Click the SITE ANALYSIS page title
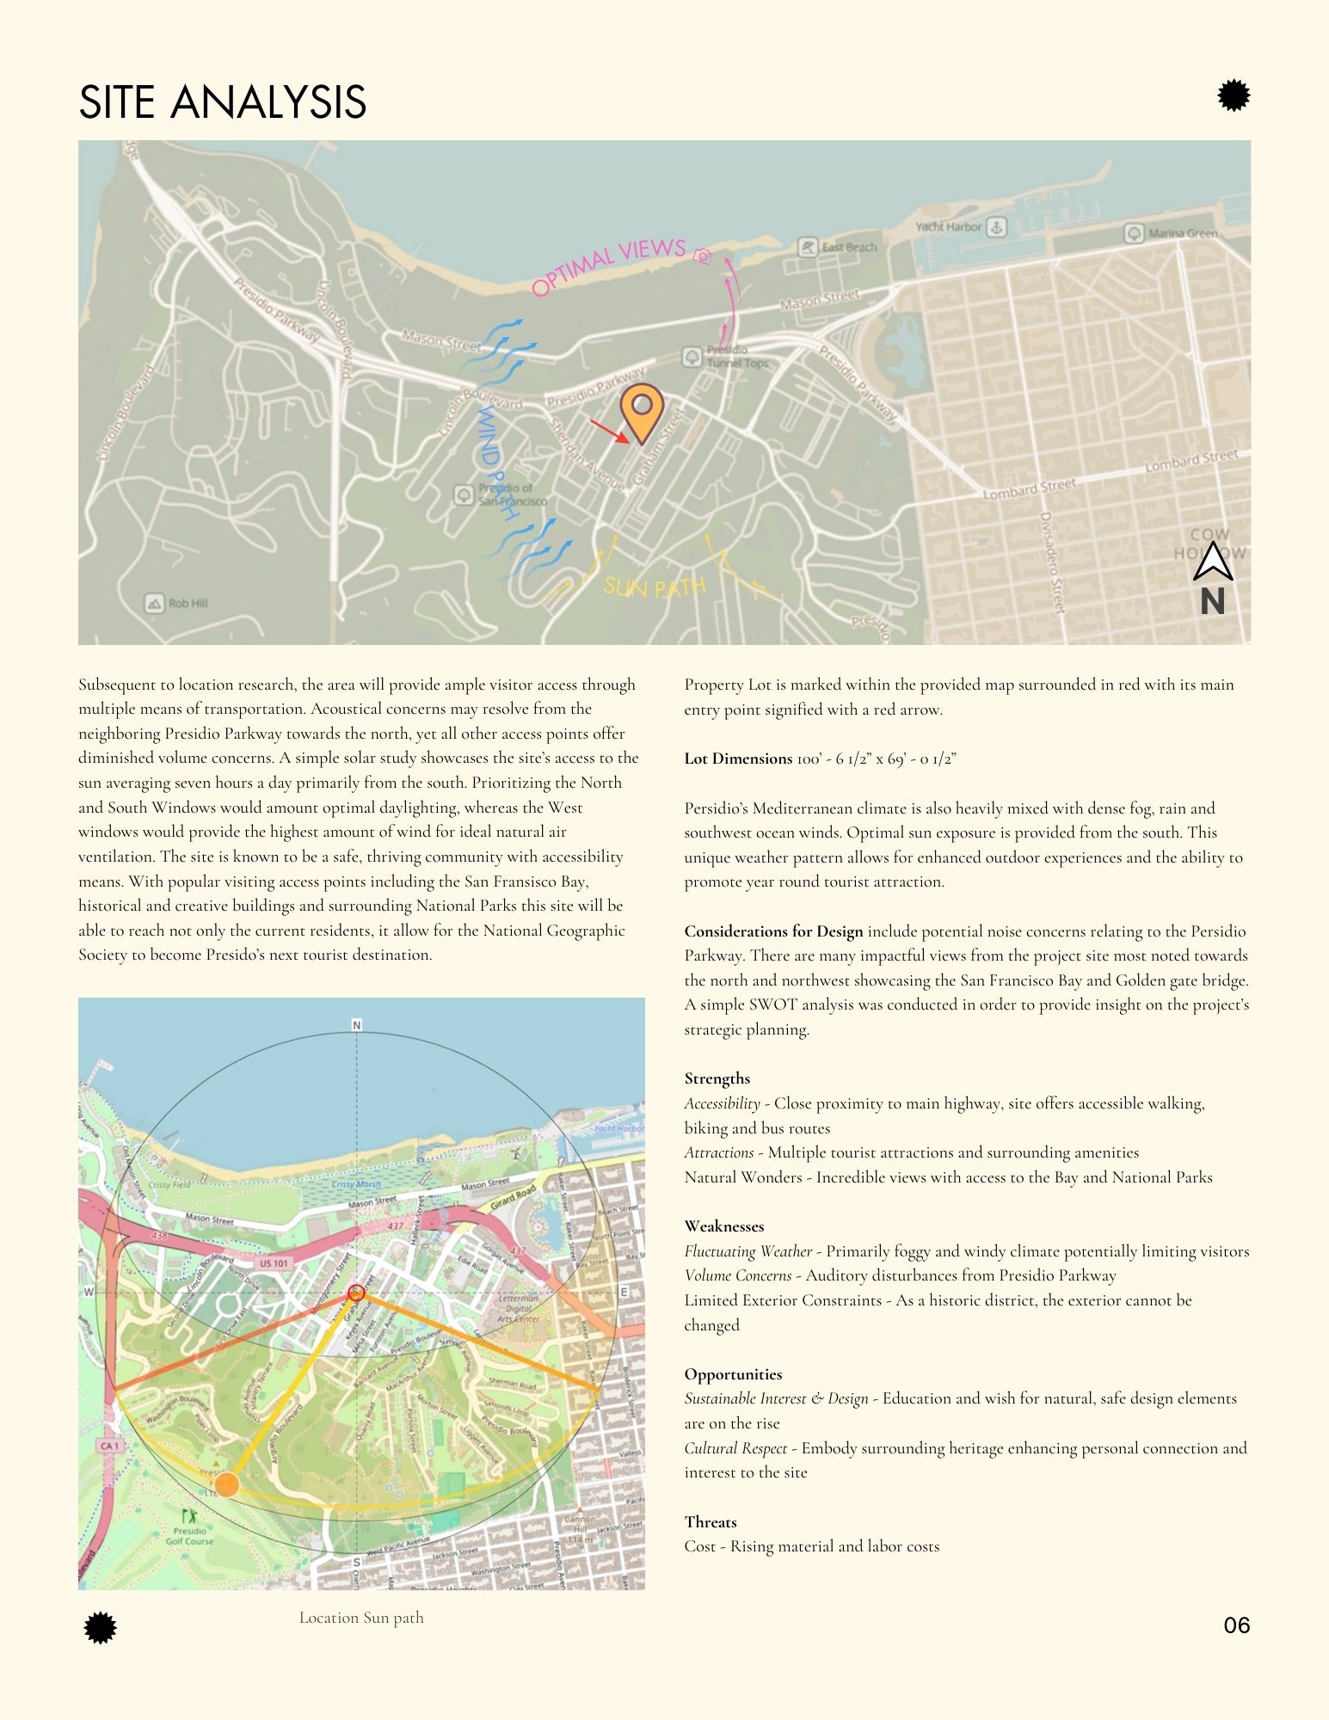pos(222,101)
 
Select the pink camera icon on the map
pos(703,255)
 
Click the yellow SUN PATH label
pos(655,587)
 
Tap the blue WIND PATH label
pos(497,463)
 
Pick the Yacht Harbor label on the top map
pos(948,227)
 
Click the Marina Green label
pos(1183,233)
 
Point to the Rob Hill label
pos(188,604)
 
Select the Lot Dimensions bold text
pos(738,759)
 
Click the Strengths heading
pos(717,1078)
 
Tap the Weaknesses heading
pos(724,1226)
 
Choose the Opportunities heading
pos(733,1374)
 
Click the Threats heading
pos(711,1522)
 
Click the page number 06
pos(1236,1625)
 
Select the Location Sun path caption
pos(361,1618)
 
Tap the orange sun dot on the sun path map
pos(226,1484)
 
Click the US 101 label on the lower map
pos(274,1263)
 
